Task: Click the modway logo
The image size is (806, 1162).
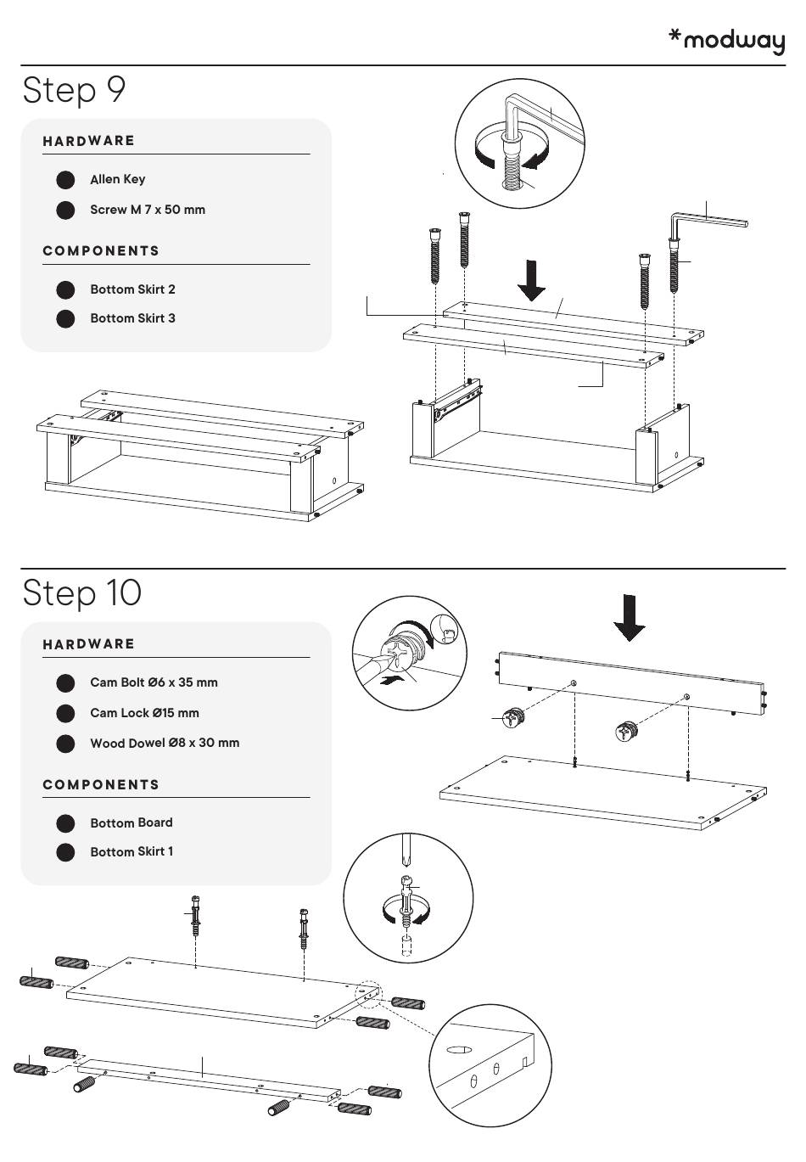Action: (x=727, y=41)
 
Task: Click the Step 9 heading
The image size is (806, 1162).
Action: (x=74, y=90)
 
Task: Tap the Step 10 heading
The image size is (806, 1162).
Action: (x=81, y=592)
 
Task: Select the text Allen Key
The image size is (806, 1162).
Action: (x=117, y=179)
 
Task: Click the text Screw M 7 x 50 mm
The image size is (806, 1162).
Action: (x=148, y=210)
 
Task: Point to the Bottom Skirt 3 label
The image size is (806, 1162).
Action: (x=132, y=318)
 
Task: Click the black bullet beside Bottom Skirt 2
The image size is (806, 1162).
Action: (x=65, y=289)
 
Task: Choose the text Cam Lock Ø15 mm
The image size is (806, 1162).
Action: (x=144, y=713)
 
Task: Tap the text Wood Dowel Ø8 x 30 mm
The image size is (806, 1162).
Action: (x=165, y=743)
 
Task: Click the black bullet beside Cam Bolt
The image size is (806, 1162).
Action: (x=65, y=683)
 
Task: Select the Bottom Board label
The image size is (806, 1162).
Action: (x=131, y=822)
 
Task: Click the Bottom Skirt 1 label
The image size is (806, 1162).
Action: (x=132, y=851)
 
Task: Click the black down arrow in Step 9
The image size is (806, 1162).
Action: (x=532, y=281)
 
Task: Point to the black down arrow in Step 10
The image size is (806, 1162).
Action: (x=630, y=617)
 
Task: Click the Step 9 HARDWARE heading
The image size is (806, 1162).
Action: (x=88, y=141)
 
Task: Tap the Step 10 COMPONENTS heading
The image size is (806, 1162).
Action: (x=101, y=784)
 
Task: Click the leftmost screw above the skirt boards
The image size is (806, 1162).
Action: (x=435, y=255)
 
